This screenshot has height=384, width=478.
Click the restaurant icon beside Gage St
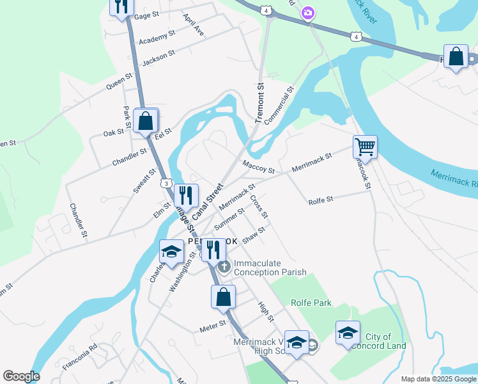point(121,6)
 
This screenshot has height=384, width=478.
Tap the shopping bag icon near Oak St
point(146,120)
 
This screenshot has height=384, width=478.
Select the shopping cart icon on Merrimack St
point(365,147)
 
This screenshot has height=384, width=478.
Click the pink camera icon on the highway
point(308,13)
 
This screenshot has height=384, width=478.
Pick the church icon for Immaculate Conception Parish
point(224,266)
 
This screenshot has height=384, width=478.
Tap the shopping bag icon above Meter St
point(223,297)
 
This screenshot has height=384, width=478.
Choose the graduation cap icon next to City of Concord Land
point(348,333)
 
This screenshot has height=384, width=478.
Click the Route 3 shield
point(167,183)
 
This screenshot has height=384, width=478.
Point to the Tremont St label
point(260,102)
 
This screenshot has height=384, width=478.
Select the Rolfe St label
point(321,200)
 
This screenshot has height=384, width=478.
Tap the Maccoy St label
point(258,167)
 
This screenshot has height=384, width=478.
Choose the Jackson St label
point(158,58)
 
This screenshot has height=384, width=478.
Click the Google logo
point(21,376)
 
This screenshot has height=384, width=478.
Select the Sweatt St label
point(144,180)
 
